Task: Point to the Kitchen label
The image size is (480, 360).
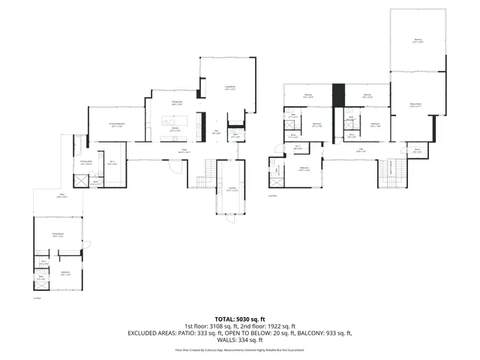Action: coord(175,129)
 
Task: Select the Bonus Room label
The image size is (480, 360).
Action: coord(415,106)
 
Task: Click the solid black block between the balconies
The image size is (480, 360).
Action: coord(337,94)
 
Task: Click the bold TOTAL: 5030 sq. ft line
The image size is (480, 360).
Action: coord(239,319)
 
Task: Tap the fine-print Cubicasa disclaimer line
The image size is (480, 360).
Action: coord(240,349)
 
